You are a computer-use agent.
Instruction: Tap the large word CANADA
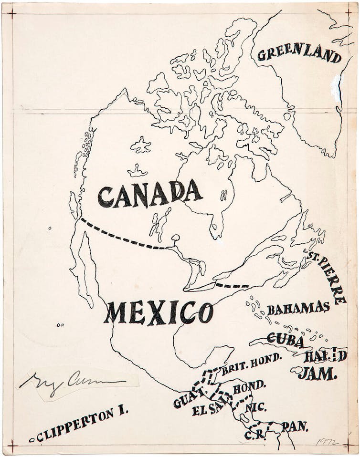[150, 194]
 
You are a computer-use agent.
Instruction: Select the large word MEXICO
[159, 312]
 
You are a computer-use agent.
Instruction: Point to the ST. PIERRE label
[328, 278]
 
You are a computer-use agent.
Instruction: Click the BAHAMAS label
[298, 308]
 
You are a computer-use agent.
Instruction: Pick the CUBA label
[285, 340]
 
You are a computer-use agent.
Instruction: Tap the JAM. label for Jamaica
[318, 374]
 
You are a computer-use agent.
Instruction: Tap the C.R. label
[254, 435]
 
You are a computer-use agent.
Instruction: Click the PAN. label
[295, 426]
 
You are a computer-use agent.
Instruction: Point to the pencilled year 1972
[327, 442]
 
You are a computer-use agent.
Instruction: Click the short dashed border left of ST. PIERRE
[232, 286]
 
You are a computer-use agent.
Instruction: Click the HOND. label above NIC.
[249, 387]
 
